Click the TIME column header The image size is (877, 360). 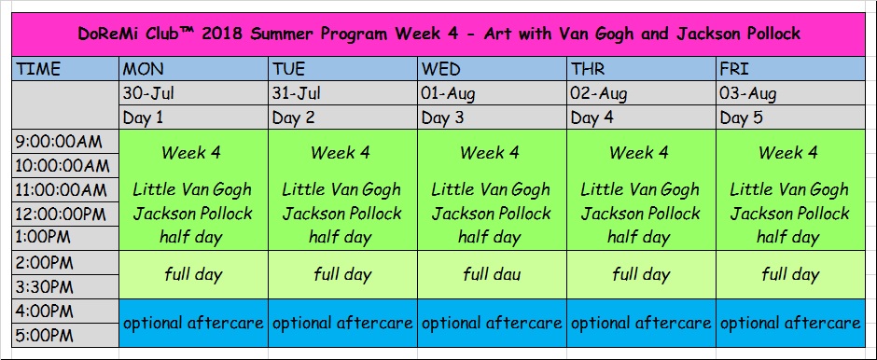(x=65, y=68)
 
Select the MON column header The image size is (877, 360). (x=193, y=68)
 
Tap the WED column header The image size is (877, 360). (x=493, y=68)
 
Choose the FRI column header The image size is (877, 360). (x=789, y=68)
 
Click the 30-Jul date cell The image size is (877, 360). (x=193, y=92)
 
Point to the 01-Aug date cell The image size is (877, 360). (x=493, y=92)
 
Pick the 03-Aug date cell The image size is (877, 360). (x=789, y=92)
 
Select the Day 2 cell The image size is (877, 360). (x=342, y=118)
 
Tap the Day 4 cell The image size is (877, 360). (x=642, y=118)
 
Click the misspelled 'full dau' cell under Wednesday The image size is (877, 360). (x=493, y=274)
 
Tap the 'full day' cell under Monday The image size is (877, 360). (x=193, y=274)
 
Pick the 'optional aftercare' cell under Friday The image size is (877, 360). (x=789, y=323)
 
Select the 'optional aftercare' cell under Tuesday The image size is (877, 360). (x=342, y=323)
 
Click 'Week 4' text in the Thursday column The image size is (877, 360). (x=640, y=152)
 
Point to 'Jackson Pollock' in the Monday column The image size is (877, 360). (x=193, y=214)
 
